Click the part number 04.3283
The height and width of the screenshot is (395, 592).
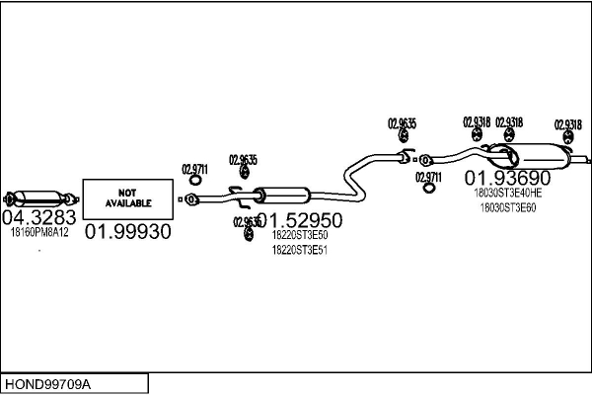pyautogui.click(x=39, y=217)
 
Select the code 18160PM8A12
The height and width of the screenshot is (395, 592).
pyautogui.click(x=39, y=232)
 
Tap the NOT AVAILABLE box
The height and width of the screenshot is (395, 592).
pyautogui.click(x=127, y=198)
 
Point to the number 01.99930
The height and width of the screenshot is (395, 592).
pyautogui.click(x=127, y=232)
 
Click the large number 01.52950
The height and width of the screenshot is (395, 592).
pyautogui.click(x=300, y=220)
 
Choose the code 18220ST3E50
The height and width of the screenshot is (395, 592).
pyautogui.click(x=300, y=235)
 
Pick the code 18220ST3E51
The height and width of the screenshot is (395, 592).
pyautogui.click(x=300, y=250)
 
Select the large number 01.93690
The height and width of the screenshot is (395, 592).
pyautogui.click(x=508, y=178)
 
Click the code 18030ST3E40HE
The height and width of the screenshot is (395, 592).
pyautogui.click(x=508, y=194)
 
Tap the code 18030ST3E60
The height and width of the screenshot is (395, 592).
pyautogui.click(x=508, y=207)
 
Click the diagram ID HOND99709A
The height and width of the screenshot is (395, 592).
pyautogui.click(x=60, y=383)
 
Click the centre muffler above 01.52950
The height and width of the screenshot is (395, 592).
pyautogui.click(x=281, y=195)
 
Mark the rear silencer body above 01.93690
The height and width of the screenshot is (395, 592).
pyautogui.click(x=538, y=154)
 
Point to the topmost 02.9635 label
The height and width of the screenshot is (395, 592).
pyautogui.click(x=403, y=123)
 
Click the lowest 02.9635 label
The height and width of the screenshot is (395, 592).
pyautogui.click(x=246, y=222)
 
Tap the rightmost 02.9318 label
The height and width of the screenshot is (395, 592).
pyautogui.click(x=567, y=124)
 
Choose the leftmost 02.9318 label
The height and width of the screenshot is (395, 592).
pyautogui.click(x=477, y=121)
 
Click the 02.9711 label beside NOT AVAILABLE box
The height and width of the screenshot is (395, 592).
pyautogui.click(x=195, y=169)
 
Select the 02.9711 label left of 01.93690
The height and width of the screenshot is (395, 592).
pyautogui.click(x=428, y=177)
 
